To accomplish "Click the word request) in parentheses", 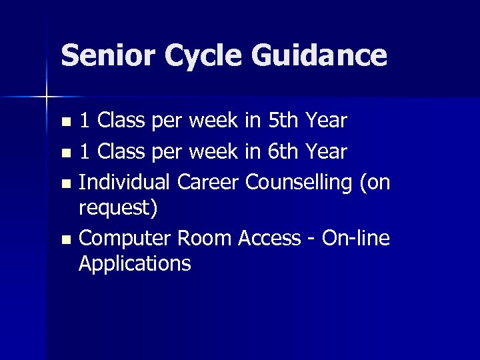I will point(118,209).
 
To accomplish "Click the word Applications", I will point(134,263).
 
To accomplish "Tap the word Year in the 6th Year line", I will point(325,153).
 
